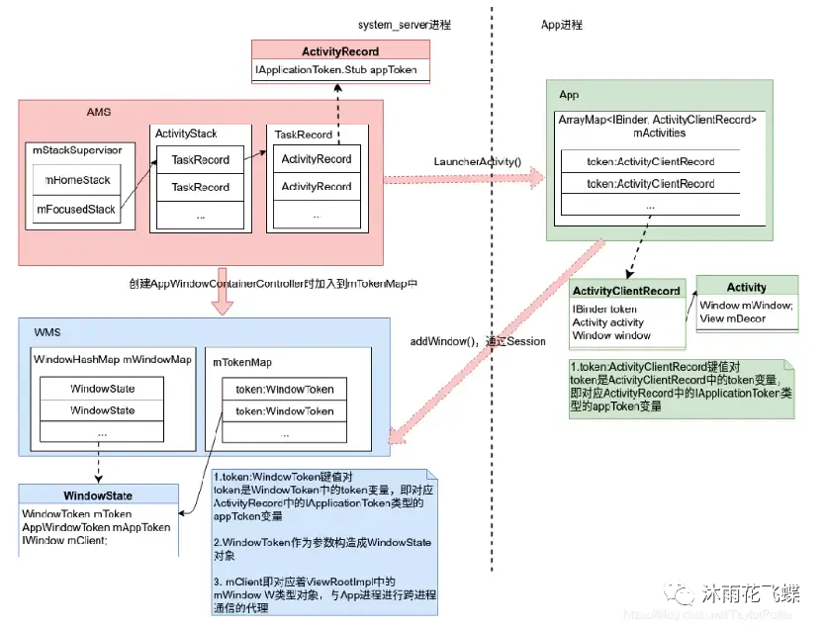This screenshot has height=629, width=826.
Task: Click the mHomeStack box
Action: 76,180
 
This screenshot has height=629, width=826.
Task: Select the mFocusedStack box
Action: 76,210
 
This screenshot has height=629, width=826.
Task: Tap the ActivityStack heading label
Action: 186,133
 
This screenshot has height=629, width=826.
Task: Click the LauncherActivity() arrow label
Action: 477,160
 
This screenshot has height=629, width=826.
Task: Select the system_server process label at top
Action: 405,24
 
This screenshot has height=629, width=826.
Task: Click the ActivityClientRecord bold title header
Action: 626,291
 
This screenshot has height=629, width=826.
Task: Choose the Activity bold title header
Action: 746,288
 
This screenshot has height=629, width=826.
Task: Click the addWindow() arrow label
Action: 478,341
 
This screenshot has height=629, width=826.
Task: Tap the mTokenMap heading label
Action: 244,361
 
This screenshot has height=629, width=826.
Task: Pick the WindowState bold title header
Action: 98,495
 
